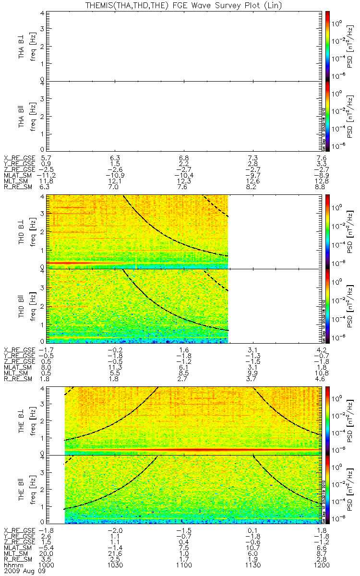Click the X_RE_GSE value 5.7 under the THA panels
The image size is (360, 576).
46,157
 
